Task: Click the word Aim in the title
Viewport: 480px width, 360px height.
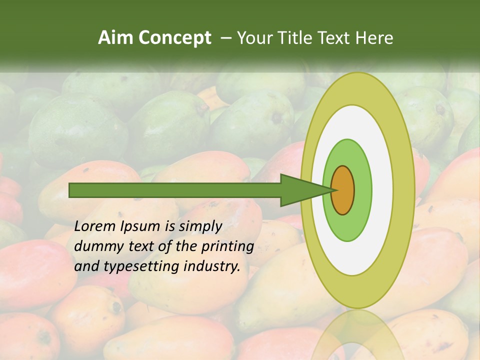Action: coord(116,38)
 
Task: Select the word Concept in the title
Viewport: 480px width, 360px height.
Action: coord(175,38)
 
